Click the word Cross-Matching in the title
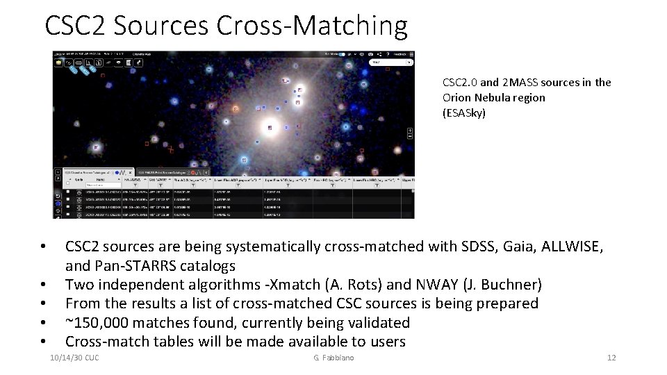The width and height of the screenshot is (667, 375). (x=311, y=26)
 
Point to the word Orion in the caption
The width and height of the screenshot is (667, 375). (x=457, y=97)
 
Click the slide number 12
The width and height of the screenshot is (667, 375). (x=611, y=358)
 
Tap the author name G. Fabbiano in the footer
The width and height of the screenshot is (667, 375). (x=333, y=358)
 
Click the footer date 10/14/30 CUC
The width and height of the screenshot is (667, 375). (x=75, y=358)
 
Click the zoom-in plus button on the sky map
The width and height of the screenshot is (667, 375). (x=410, y=131)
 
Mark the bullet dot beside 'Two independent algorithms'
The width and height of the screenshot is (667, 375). (x=43, y=285)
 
